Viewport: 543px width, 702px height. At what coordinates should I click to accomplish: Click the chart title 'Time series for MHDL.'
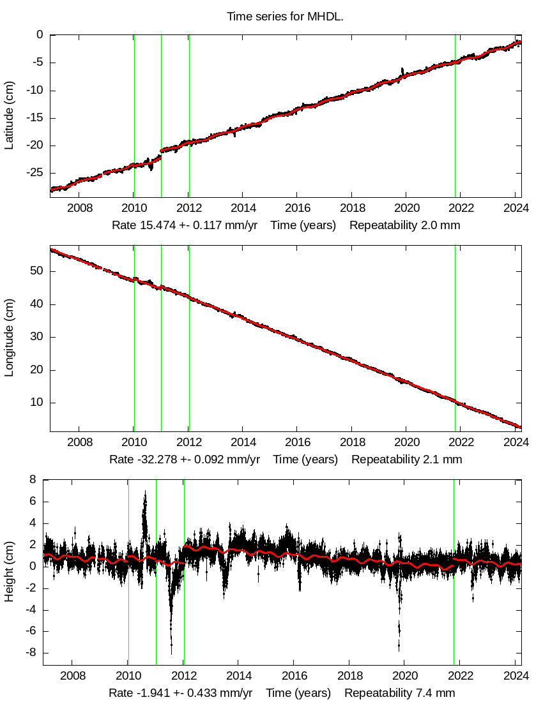[285, 17]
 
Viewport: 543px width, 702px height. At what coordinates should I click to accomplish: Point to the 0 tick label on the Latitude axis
[40, 35]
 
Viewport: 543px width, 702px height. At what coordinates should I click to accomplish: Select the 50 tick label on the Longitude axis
[36, 271]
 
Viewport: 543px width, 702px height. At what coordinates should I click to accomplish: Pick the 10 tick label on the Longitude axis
[36, 403]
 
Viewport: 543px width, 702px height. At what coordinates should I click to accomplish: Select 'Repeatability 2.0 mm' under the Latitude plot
[405, 225]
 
